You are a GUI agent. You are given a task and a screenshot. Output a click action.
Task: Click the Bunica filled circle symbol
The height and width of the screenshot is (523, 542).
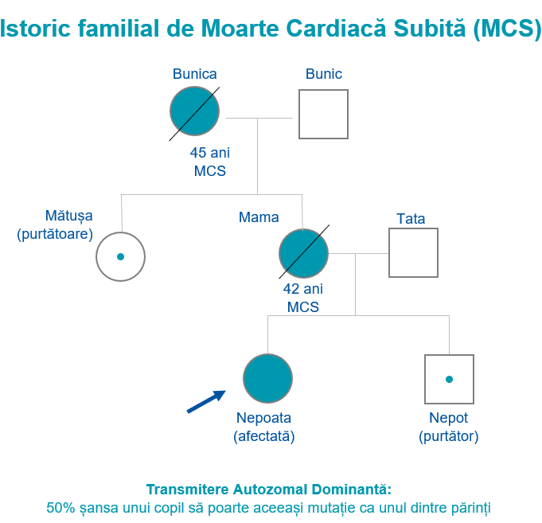[195, 111]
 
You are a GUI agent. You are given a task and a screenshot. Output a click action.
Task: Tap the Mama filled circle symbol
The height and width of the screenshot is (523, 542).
[303, 253]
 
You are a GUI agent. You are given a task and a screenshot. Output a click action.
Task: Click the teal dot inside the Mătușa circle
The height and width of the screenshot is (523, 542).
[121, 256]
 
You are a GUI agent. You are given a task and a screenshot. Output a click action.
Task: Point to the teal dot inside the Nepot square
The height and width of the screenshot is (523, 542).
[450, 379]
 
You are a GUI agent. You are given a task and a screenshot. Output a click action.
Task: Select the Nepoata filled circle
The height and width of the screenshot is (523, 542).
[268, 378]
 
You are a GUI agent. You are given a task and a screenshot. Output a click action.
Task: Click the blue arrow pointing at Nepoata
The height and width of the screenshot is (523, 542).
[206, 402]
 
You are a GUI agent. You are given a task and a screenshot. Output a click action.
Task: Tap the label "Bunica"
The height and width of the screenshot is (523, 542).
[195, 74]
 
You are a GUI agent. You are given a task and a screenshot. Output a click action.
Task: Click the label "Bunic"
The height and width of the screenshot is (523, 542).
[324, 74]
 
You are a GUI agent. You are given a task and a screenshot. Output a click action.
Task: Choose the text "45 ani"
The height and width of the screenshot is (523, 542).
[210, 153]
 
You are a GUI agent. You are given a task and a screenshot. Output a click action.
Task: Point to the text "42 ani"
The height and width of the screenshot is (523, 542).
[303, 289]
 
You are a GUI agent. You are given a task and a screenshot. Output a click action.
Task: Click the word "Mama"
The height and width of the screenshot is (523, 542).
[259, 217]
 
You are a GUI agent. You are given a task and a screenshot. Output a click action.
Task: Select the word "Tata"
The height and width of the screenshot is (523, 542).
[411, 219]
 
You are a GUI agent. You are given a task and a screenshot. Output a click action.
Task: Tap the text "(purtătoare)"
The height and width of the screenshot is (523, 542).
[55, 234]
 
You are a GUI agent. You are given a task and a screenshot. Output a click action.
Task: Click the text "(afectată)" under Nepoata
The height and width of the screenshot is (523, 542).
[264, 436]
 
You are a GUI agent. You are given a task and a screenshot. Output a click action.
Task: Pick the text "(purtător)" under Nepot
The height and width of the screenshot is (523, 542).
[449, 436]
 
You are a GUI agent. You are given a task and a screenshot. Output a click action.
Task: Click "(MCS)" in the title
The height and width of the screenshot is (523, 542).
[507, 29]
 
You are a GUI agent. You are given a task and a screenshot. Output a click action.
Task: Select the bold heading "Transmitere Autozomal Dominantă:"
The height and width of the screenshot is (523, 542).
[269, 490]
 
